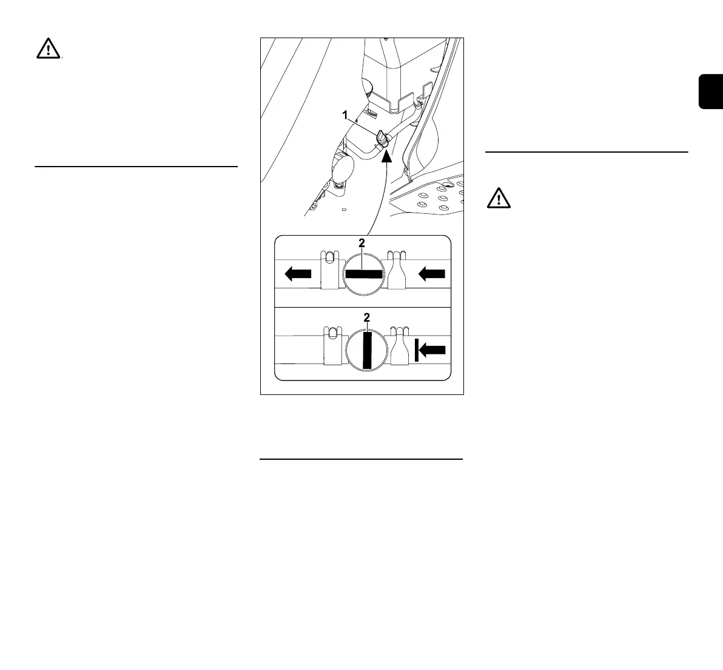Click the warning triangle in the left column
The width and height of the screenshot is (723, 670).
click(x=48, y=48)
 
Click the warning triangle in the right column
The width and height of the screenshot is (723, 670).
click(x=498, y=198)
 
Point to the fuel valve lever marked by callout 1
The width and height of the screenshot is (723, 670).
click(x=380, y=138)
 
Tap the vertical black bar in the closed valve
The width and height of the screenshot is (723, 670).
click(x=366, y=350)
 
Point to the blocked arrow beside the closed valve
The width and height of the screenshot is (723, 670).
click(x=431, y=350)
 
